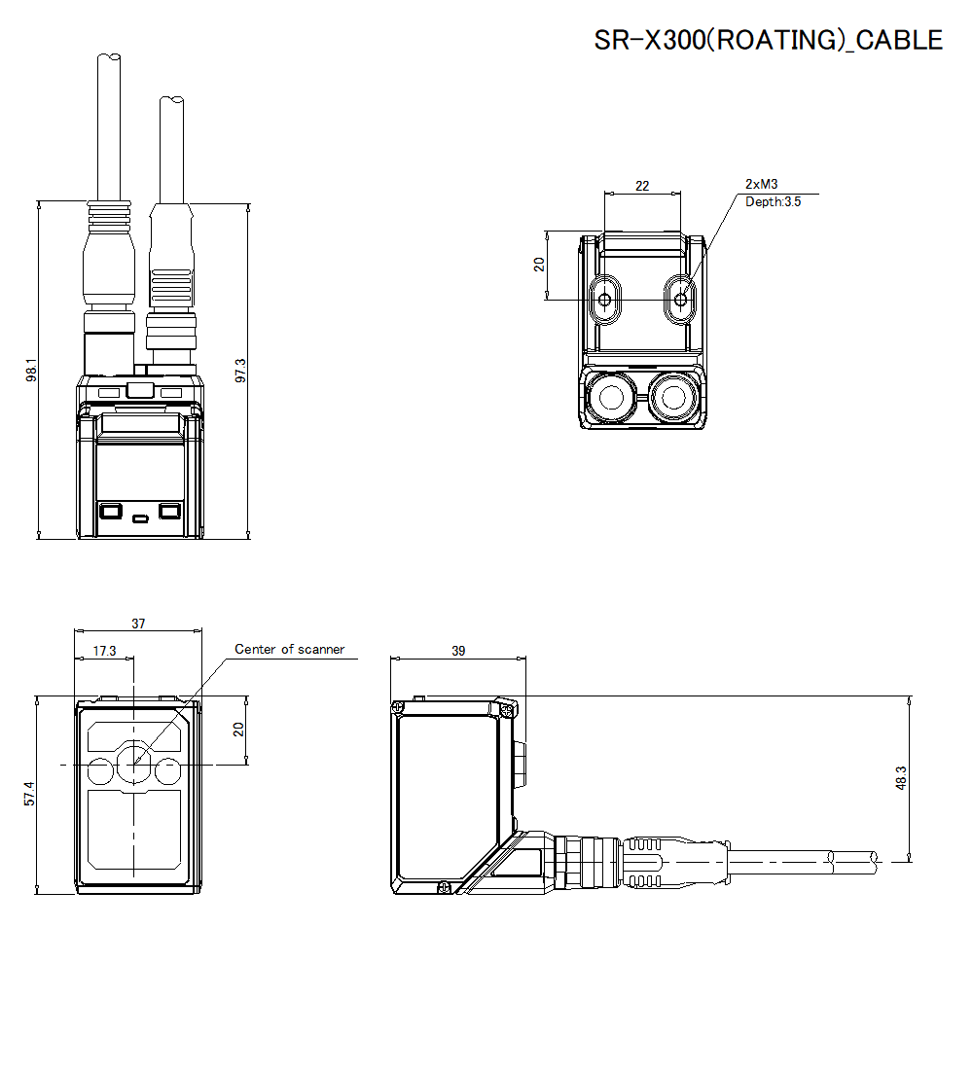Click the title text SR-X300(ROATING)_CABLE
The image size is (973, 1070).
(x=768, y=40)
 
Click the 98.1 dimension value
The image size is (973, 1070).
(x=30, y=370)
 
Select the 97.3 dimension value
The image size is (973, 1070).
(x=240, y=370)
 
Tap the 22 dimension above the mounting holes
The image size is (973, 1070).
(x=642, y=185)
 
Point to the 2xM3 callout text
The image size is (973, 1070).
(x=761, y=184)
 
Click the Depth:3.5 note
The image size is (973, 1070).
(x=774, y=201)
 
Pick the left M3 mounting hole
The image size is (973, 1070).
(x=605, y=300)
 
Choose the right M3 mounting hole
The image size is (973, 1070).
(x=680, y=300)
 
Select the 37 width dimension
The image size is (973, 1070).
(x=138, y=624)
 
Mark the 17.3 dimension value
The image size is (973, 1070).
(x=104, y=650)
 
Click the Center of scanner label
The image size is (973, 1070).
(x=289, y=649)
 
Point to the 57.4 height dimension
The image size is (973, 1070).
(x=30, y=794)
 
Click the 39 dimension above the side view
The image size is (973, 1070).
(x=458, y=650)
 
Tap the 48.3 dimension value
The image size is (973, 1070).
(x=900, y=778)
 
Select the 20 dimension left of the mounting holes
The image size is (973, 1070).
(x=539, y=265)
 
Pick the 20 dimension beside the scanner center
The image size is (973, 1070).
(x=239, y=730)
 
